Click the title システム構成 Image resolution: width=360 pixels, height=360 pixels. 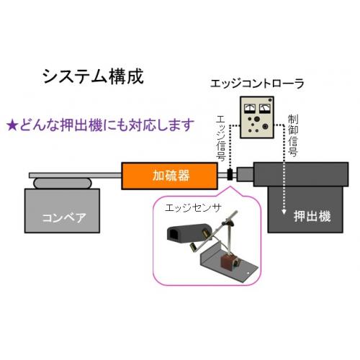click(x=93, y=76)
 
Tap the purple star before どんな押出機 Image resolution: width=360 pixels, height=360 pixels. click(x=12, y=126)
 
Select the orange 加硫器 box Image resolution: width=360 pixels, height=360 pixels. click(x=170, y=176)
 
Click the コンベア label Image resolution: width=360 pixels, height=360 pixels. click(x=64, y=218)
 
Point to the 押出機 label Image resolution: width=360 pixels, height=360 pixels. click(x=312, y=216)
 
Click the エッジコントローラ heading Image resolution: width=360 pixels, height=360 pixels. click(x=257, y=84)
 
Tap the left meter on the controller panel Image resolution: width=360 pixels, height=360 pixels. click(x=250, y=109)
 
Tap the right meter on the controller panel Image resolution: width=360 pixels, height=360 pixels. click(x=265, y=109)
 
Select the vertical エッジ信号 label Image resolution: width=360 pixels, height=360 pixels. click(x=221, y=138)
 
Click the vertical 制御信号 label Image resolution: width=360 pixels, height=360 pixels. click(x=293, y=135)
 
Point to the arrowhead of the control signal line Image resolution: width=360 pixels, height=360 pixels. click(x=284, y=212)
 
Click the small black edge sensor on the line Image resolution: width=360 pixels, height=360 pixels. click(x=230, y=174)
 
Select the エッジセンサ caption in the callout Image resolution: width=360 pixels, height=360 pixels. click(x=192, y=208)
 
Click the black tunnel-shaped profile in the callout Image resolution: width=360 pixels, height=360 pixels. click(x=188, y=233)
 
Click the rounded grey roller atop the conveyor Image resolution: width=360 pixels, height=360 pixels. click(x=63, y=183)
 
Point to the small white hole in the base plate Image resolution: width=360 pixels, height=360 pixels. click(x=248, y=273)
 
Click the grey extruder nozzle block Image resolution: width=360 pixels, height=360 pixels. click(x=245, y=174)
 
